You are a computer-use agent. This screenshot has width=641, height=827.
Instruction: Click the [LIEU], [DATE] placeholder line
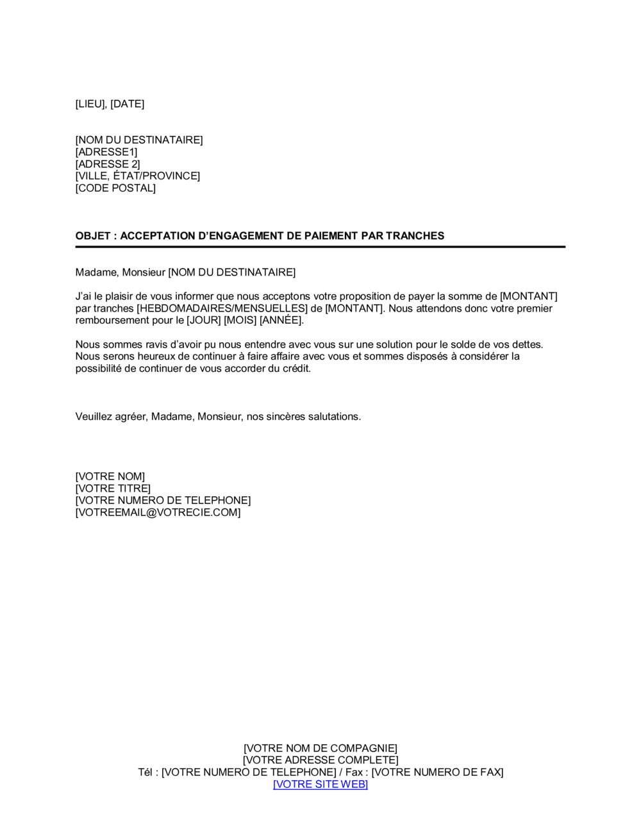pyautogui.click(x=110, y=104)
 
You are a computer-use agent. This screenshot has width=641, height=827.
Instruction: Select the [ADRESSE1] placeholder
pyautogui.click(x=106, y=152)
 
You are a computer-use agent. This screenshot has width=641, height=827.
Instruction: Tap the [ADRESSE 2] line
pyautogui.click(x=108, y=164)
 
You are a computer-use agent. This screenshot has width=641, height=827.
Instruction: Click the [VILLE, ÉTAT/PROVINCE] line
pyautogui.click(x=138, y=176)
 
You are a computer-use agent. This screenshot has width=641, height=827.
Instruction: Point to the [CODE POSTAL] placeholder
pyautogui.click(x=115, y=188)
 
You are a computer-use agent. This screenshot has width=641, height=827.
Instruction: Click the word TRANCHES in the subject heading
pyautogui.click(x=415, y=236)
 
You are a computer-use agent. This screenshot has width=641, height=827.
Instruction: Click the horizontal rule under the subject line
pyautogui.click(x=320, y=247)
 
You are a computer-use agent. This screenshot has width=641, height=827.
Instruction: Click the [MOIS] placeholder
pyautogui.click(x=240, y=320)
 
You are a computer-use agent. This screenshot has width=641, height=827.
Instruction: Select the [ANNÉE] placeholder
pyautogui.click(x=280, y=320)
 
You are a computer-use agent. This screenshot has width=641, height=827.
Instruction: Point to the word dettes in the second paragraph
pyautogui.click(x=526, y=344)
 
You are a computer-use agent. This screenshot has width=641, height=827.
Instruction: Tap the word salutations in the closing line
pyautogui.click(x=332, y=417)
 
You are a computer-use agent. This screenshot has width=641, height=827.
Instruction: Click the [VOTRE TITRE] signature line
pyautogui.click(x=113, y=489)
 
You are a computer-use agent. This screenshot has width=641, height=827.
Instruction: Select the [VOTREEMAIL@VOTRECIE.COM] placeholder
pyautogui.click(x=158, y=513)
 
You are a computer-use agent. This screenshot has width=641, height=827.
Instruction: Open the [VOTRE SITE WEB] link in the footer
pyautogui.click(x=320, y=785)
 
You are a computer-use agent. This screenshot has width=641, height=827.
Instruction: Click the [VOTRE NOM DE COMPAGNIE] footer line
pyautogui.click(x=320, y=748)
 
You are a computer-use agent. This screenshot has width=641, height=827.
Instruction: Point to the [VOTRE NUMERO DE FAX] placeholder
pyautogui.click(x=437, y=773)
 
